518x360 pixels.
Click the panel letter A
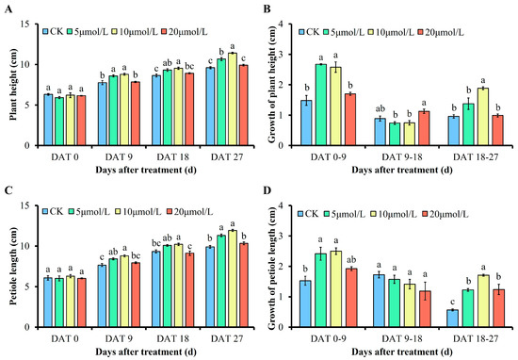point(6,8)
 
